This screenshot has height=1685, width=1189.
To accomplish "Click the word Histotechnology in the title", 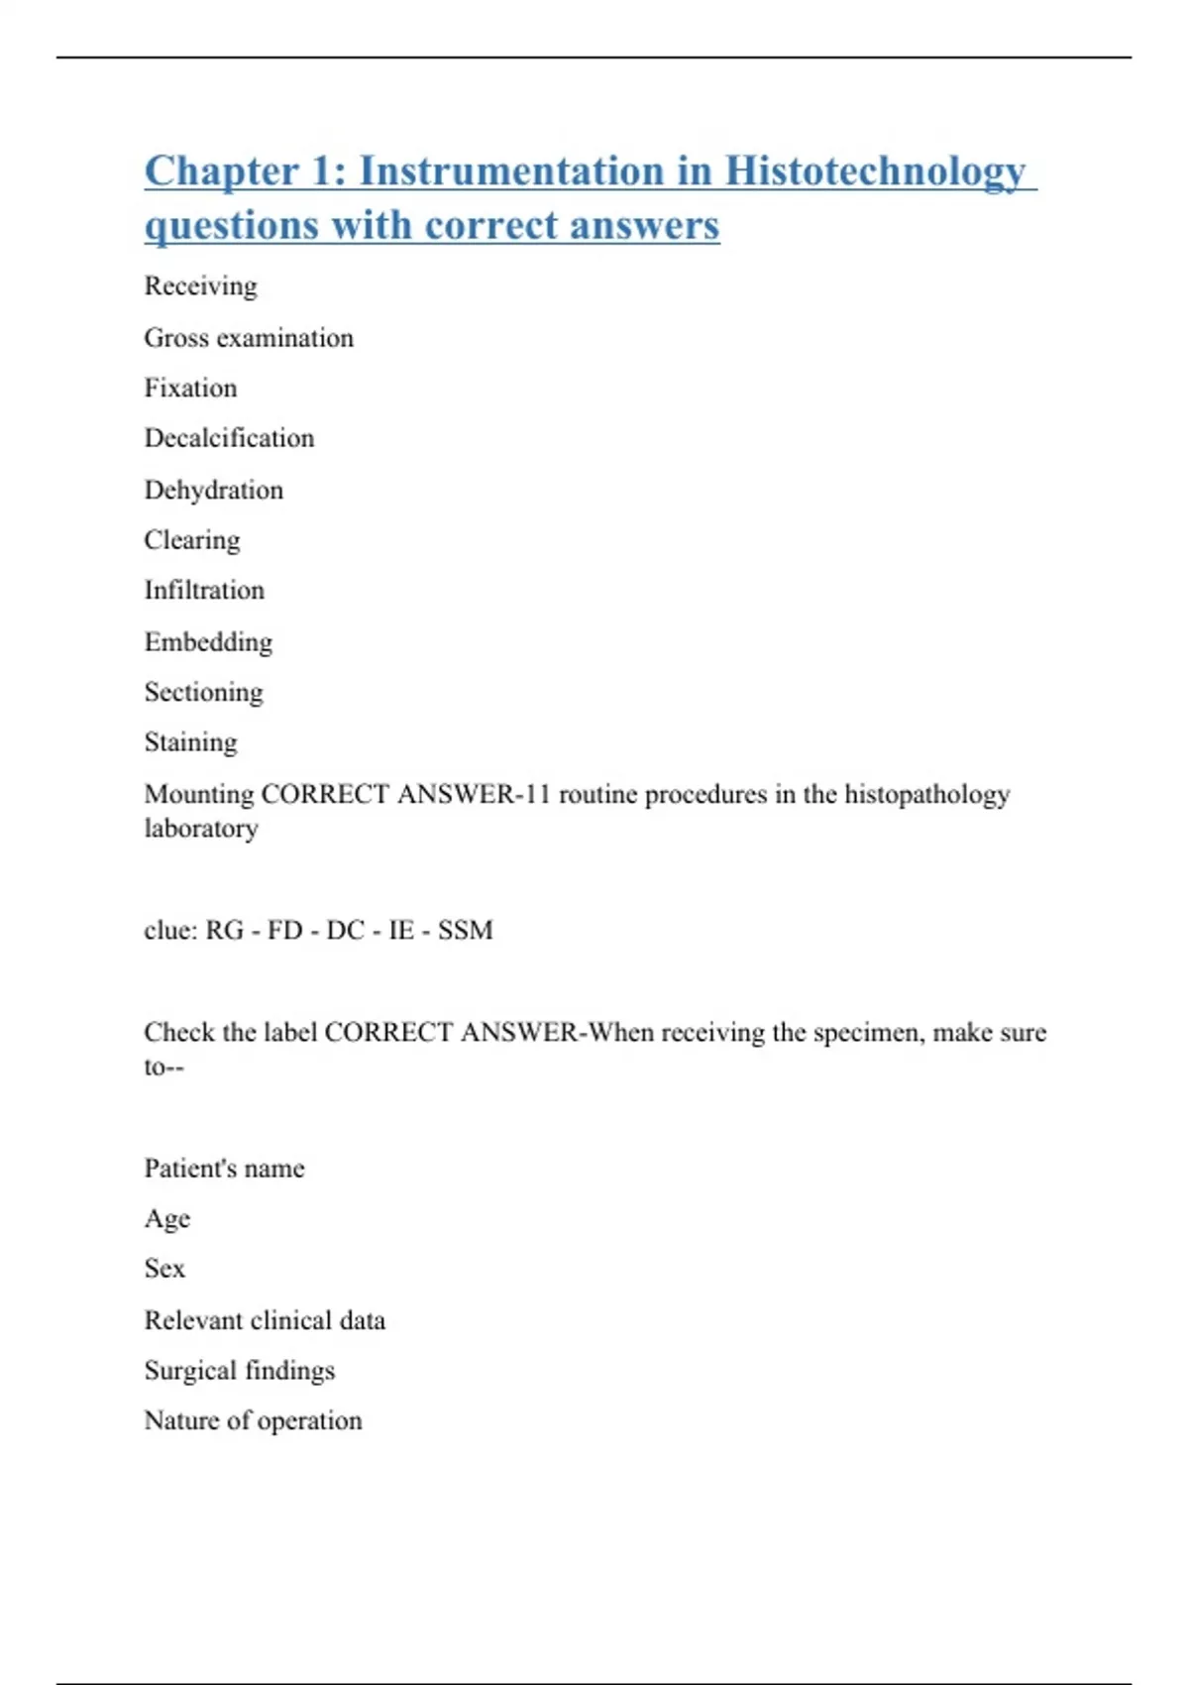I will (875, 171).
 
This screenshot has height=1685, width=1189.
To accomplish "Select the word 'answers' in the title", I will (644, 225).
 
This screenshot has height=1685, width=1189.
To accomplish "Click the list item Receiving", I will (200, 286).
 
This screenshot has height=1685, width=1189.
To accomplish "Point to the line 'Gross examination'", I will (249, 338).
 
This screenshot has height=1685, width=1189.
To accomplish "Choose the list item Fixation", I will (190, 388).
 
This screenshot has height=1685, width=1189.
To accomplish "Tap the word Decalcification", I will (229, 438).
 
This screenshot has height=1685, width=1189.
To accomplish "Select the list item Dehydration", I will (213, 490).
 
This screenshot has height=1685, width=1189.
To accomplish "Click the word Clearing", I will (192, 540).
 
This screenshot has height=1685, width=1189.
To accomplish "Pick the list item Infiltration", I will (204, 591).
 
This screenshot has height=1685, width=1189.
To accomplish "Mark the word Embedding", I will (208, 642).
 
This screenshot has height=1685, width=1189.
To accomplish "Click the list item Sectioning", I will (203, 692).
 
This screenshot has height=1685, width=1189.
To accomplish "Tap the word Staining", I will (190, 742).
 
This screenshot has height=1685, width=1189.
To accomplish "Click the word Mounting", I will (199, 794).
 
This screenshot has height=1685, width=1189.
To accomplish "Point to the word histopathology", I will (926, 794).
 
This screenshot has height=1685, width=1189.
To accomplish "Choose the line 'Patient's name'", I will (224, 1169).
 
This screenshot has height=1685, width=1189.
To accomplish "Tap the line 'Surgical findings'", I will (239, 1371).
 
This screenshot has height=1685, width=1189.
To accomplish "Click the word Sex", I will (164, 1269).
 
